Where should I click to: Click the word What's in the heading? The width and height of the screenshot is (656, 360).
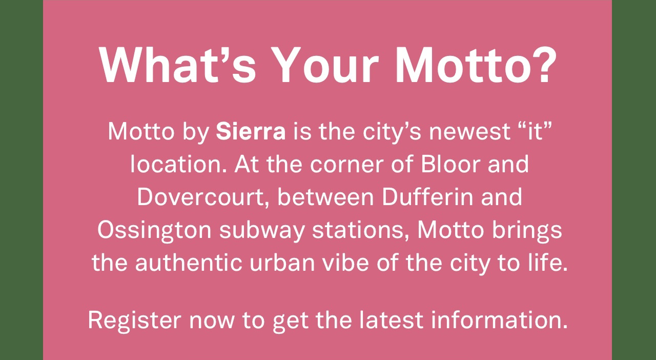pyautogui.click(x=177, y=65)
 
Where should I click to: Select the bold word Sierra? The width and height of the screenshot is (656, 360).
pyautogui.click(x=251, y=132)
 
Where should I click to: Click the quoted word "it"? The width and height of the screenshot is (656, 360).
pyautogui.click(x=536, y=131)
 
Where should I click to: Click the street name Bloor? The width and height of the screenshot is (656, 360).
pyautogui.click(x=450, y=164)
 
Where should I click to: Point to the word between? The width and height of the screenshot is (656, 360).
pyautogui.click(x=325, y=197)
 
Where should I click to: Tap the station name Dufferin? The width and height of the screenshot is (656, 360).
pyautogui.click(x=427, y=196)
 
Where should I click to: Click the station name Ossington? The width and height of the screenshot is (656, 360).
pyautogui.click(x=154, y=230)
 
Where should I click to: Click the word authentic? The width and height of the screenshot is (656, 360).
pyautogui.click(x=188, y=263)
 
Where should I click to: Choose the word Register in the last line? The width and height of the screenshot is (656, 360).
pyautogui.click(x=134, y=321)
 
